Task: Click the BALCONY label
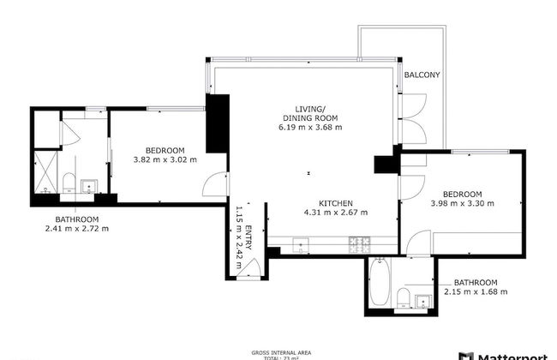coord(422,75)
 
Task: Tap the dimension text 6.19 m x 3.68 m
coord(310,127)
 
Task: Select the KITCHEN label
coord(336,202)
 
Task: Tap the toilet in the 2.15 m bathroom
coord(401,297)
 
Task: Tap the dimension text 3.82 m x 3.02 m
coord(165,159)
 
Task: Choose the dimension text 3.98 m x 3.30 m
coord(463,203)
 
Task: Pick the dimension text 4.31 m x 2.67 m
coord(336,213)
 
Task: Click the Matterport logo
coord(506,354)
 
